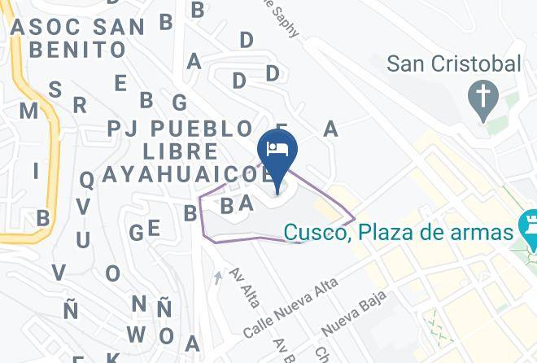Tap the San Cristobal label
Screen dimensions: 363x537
pos(453,64)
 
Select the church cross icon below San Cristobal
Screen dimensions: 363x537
pos(483,99)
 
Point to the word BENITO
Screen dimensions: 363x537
pos(77,49)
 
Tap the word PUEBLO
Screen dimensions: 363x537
pos(202,129)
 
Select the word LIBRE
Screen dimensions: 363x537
pos(180,151)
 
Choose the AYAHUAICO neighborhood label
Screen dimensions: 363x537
pos(181,174)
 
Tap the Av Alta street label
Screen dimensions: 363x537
pos(245,287)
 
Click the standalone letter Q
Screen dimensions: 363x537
pos(86,180)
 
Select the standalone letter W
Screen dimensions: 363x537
pos(136,334)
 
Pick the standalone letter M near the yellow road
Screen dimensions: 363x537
pos(28,110)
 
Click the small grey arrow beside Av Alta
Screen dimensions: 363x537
pos(217,278)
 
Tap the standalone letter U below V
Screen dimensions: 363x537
pos(83,240)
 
